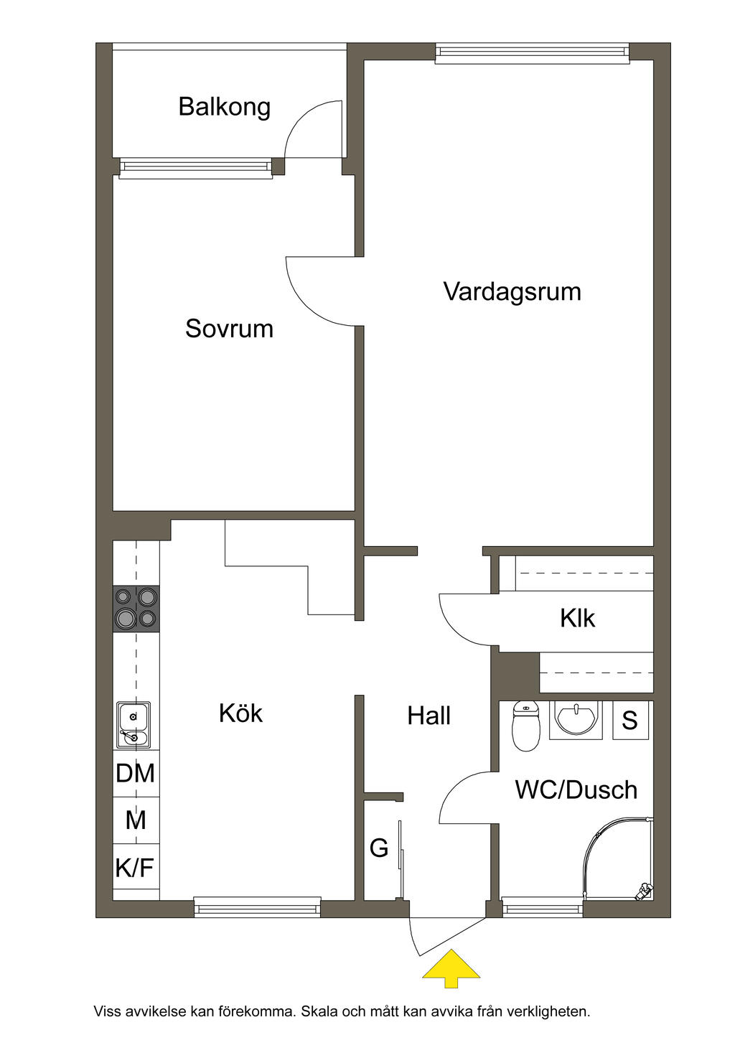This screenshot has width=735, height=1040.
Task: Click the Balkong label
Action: pos(224,108)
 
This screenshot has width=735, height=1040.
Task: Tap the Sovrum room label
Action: pos(230,329)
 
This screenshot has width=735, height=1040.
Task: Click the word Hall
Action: pos(429,716)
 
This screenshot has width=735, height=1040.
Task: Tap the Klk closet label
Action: pos(578,618)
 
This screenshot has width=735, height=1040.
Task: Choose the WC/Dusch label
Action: pos(576,790)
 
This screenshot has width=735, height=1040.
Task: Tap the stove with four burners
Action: pos(136,608)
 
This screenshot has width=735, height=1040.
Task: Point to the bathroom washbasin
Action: pos(576,720)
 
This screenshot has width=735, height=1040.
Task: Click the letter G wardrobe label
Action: pos(379,848)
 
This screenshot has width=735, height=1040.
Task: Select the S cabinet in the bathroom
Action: pos(629,720)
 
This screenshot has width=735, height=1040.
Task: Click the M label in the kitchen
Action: pos(136,820)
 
